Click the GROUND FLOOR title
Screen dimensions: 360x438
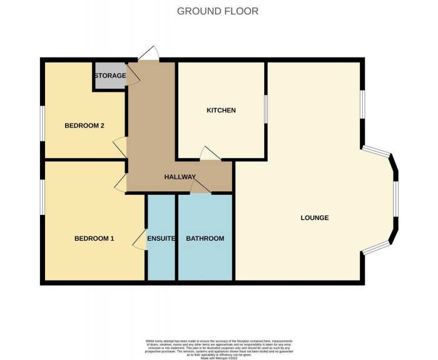pyautogui.click(x=218, y=11)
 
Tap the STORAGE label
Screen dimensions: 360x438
pyautogui.click(x=110, y=76)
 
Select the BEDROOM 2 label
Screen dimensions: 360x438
pyautogui.click(x=84, y=126)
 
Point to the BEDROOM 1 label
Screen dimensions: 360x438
pyautogui.click(x=94, y=238)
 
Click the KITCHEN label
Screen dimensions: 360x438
pyautogui.click(x=222, y=111)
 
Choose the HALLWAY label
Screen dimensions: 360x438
pyautogui.click(x=180, y=177)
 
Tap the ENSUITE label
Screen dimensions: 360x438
pyautogui.click(x=161, y=239)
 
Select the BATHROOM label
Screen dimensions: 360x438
pyautogui.click(x=205, y=239)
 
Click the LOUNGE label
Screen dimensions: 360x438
pyautogui.click(x=315, y=218)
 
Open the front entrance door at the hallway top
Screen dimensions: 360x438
pyautogui.click(x=148, y=56)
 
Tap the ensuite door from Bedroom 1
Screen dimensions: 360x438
pyautogui.click(x=141, y=242)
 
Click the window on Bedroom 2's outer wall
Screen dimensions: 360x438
pyautogui.click(x=43, y=125)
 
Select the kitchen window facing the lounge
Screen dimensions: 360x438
pyautogui.click(x=265, y=110)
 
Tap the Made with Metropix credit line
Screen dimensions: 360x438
pyautogui.click(x=219, y=356)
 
